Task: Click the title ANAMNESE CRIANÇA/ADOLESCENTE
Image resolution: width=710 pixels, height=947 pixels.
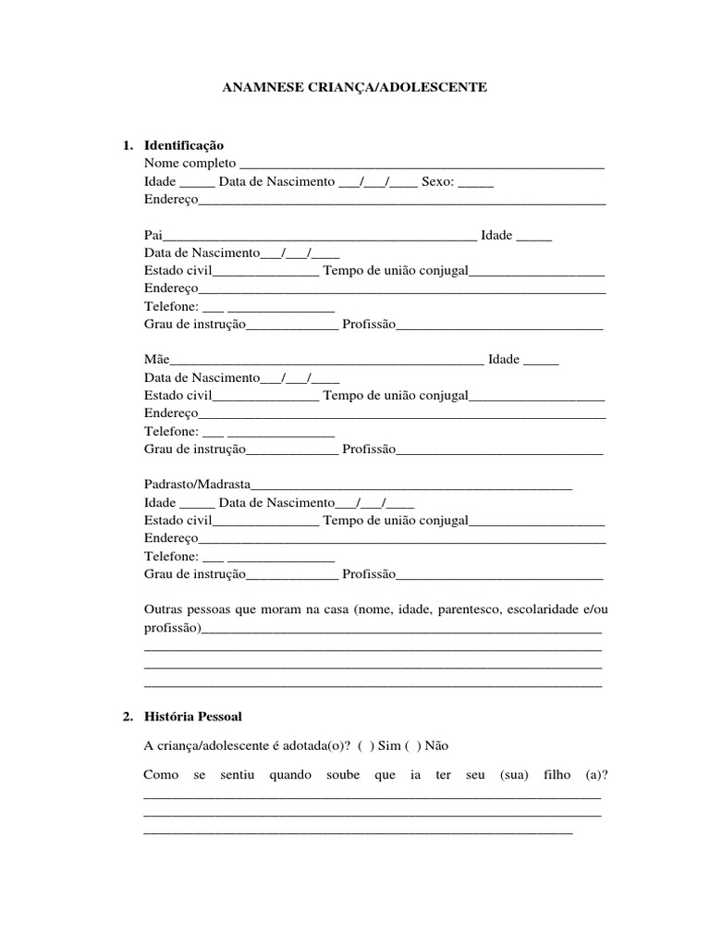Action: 354,88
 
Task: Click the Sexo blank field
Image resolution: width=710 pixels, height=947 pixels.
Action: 476,183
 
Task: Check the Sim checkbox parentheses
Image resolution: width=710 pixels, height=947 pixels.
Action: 364,745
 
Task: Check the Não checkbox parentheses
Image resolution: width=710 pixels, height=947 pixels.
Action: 410,745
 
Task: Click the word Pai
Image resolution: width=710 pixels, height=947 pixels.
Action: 153,236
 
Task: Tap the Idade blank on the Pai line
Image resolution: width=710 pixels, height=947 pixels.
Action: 533,237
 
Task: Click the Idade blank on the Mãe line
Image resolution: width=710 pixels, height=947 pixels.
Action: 541,361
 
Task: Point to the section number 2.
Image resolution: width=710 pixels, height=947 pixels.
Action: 128,717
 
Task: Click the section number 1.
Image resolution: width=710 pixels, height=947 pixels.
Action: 128,146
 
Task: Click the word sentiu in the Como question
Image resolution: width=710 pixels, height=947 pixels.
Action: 237,775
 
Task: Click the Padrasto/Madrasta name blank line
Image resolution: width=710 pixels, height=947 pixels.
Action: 411,486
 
